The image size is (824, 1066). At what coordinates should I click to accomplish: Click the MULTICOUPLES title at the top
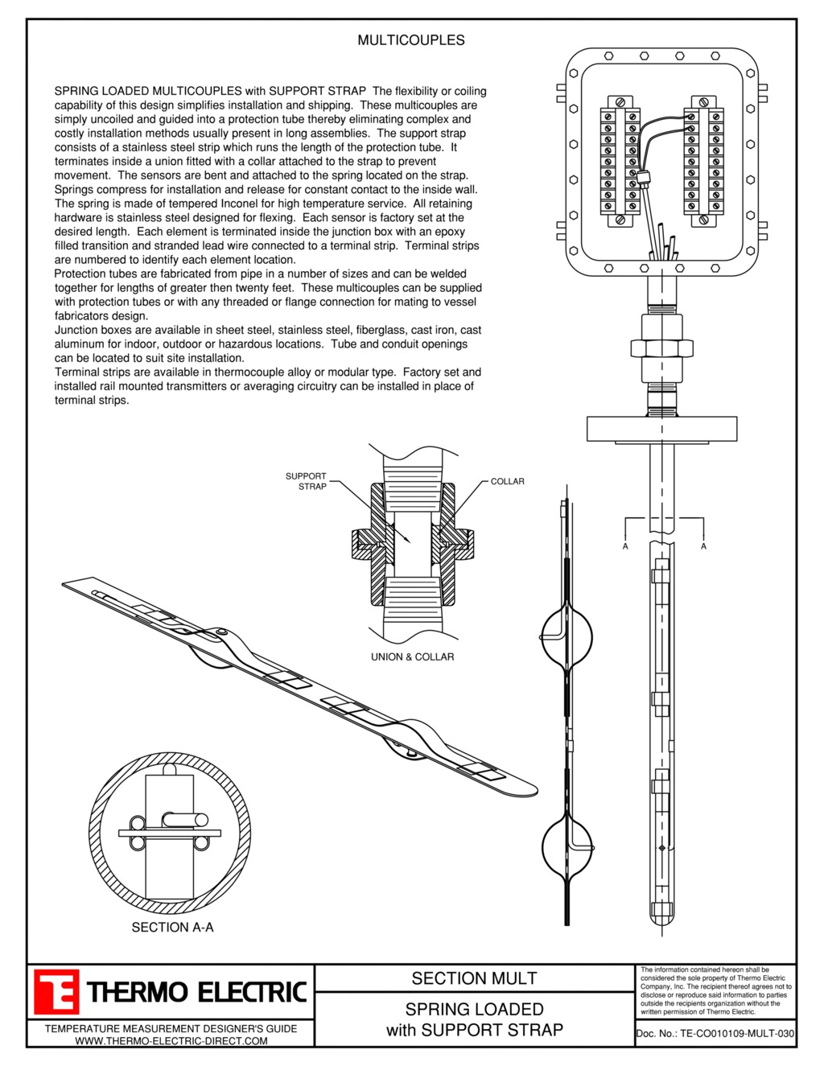[410, 40]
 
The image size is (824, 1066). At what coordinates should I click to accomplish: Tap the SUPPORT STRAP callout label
[307, 481]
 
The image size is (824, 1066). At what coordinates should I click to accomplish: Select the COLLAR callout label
[507, 482]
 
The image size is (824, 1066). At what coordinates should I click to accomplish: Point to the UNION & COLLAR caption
[412, 657]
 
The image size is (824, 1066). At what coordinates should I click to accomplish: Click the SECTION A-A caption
[172, 928]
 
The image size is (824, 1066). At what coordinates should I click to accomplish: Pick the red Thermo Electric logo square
[56, 992]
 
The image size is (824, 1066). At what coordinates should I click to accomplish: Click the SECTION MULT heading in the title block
[474, 978]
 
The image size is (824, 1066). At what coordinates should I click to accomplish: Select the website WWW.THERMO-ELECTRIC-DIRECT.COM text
[171, 1041]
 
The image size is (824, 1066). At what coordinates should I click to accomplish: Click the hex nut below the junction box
[661, 348]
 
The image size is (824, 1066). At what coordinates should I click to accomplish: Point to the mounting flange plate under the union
[661, 429]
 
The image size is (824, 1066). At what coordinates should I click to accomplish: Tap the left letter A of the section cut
[625, 546]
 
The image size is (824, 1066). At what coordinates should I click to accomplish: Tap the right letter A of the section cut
[704, 546]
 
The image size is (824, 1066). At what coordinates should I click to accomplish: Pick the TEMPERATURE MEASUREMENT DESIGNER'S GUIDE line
[171, 1028]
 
